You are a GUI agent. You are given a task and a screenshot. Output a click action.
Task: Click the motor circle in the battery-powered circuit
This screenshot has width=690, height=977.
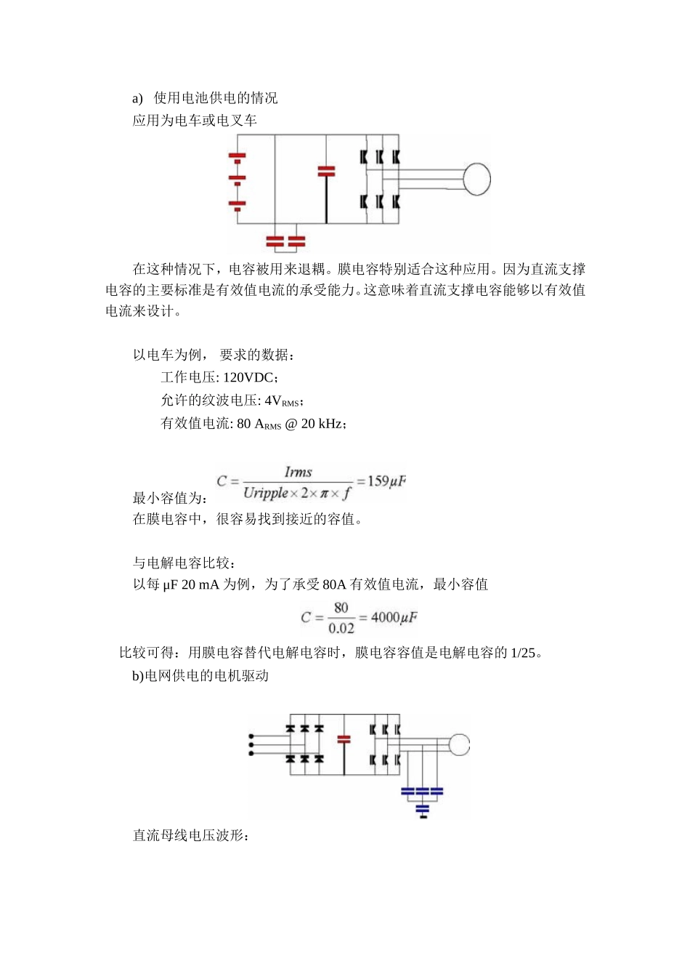[477, 179]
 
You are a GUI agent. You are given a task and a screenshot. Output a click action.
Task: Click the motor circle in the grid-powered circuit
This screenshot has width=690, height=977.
[459, 744]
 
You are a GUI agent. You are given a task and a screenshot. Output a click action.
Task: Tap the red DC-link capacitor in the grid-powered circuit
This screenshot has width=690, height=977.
[344, 739]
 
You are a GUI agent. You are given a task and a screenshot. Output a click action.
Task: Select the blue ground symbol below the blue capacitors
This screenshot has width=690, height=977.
[423, 810]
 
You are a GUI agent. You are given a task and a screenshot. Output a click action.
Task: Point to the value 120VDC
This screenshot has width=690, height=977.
[248, 377]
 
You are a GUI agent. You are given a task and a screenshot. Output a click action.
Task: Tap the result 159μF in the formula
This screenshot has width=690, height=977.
[386, 481]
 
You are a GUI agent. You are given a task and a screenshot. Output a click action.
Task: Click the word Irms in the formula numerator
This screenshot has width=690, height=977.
[298, 472]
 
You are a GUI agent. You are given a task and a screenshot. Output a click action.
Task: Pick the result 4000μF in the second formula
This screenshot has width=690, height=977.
[394, 617]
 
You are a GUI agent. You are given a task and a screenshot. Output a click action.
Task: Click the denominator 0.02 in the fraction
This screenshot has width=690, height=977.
[341, 628]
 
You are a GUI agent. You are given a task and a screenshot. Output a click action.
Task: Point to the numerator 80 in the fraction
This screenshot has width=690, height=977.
[341, 608]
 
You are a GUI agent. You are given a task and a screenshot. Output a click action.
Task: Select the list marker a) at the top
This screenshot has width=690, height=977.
[137, 99]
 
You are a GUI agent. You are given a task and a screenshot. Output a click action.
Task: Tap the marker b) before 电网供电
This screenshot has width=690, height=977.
[138, 676]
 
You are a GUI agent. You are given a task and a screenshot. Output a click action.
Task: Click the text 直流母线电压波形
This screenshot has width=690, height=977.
[190, 836]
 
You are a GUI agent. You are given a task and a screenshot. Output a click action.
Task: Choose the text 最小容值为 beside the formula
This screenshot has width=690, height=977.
[169, 498]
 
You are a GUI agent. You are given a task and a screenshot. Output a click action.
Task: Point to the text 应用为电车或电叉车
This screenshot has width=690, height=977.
[195, 121]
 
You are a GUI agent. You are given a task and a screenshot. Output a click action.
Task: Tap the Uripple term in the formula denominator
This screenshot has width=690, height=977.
[266, 493]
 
